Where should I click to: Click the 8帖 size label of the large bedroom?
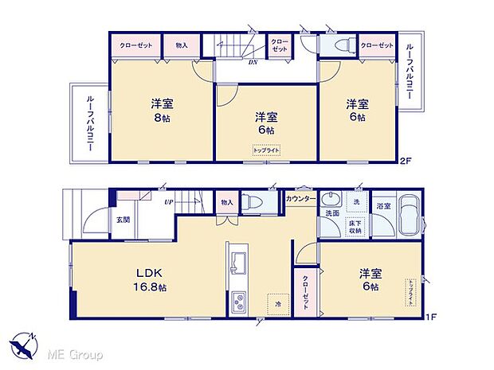[x=163, y=119]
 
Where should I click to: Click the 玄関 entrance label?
[x=122, y=220]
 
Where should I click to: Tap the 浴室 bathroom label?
[x=383, y=205]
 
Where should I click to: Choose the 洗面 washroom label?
[x=331, y=214]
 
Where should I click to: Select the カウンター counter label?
[x=302, y=197]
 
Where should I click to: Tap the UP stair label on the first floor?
[x=168, y=203]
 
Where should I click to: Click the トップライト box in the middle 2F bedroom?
[x=265, y=149]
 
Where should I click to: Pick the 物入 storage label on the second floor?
[x=182, y=45]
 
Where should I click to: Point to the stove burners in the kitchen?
[x=238, y=302]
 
